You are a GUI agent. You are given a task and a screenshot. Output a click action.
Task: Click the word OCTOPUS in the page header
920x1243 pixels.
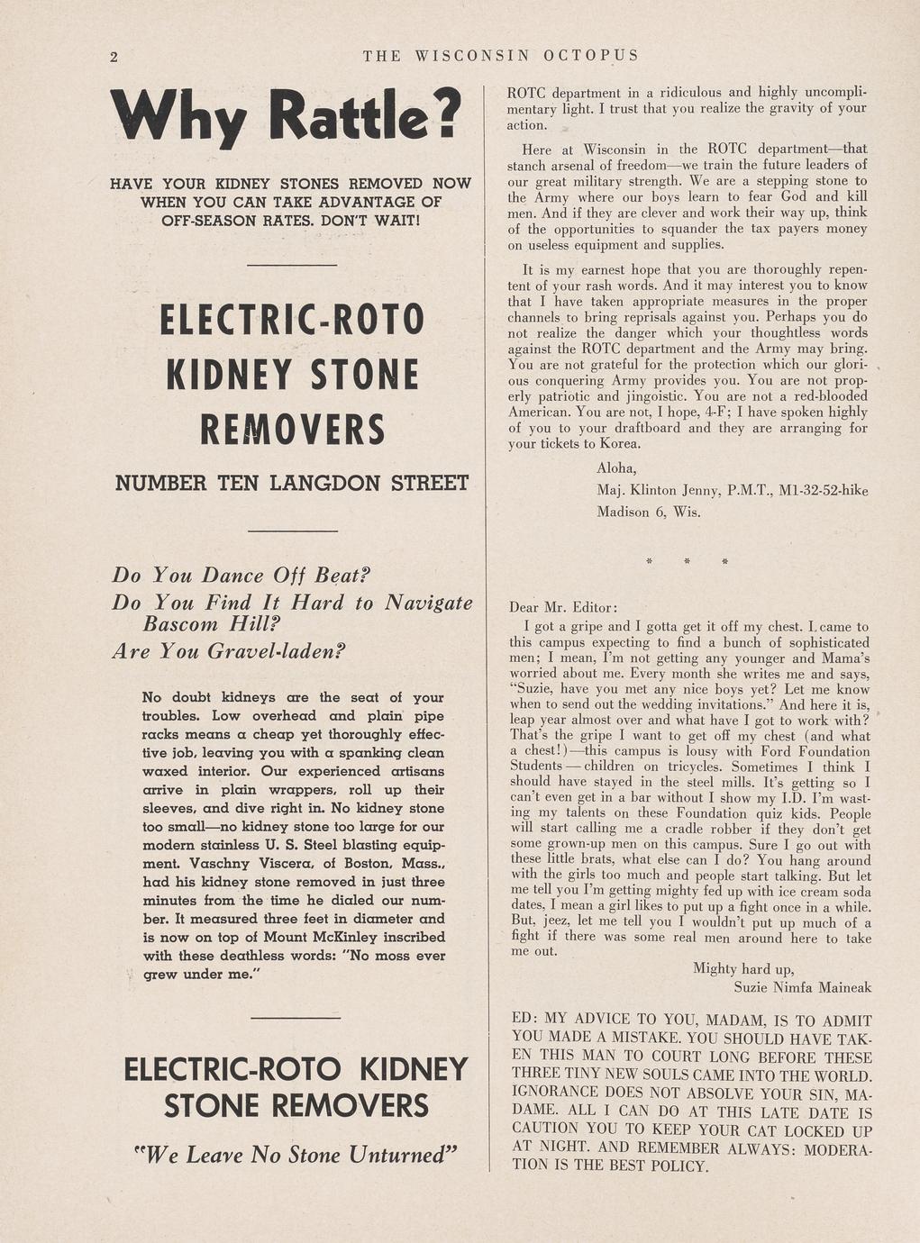point(591,56)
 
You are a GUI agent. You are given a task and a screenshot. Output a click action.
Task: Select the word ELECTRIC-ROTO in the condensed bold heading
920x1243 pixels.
point(291,321)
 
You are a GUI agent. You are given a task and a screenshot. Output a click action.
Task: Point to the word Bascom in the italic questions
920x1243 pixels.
point(180,624)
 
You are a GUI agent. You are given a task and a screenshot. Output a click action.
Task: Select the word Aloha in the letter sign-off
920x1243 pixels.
point(616,468)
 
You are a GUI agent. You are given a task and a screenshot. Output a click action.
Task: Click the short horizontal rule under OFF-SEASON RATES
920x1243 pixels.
point(291,265)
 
